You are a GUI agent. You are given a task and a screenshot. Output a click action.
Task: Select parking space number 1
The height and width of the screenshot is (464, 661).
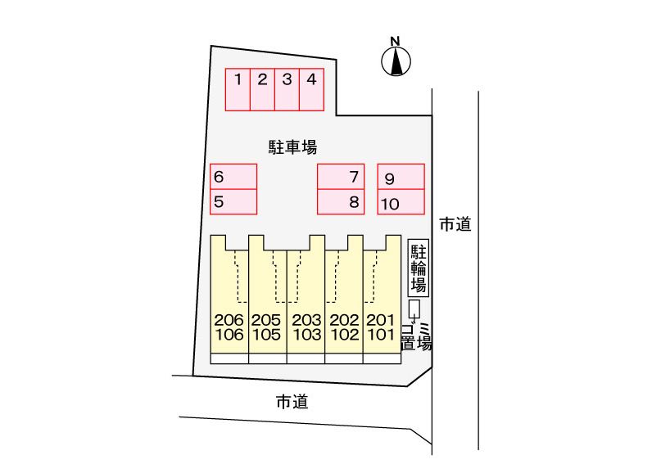tap(238, 89)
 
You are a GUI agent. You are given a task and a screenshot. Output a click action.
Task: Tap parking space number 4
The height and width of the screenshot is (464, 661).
tap(311, 89)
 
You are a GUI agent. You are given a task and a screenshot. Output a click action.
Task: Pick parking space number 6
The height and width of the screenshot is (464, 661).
tap(233, 177)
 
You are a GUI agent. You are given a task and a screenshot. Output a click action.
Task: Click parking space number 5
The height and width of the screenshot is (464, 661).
tap(233, 200)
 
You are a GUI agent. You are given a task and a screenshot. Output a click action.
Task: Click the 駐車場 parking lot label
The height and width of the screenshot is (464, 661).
tap(292, 147)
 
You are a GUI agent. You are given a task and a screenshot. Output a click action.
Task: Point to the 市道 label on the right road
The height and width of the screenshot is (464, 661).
tap(455, 223)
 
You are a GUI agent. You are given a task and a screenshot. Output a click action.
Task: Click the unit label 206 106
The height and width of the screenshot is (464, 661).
tap(229, 327)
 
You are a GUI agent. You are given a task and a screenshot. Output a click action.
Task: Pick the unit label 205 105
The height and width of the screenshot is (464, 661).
tap(267, 327)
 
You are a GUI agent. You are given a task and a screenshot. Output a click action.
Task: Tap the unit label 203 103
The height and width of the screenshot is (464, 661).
tap(306, 327)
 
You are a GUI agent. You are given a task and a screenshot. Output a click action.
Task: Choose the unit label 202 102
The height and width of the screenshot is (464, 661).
tap(344, 327)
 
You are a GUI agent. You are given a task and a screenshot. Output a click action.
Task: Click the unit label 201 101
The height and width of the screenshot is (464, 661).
tap(382, 327)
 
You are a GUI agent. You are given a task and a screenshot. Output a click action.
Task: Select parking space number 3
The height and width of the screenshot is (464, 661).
tap(287, 89)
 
